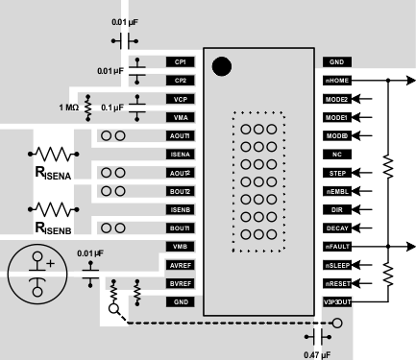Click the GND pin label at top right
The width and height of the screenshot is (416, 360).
tap(336, 61)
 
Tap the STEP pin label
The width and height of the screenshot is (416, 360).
tap(336, 173)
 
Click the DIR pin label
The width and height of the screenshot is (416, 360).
tap(336, 210)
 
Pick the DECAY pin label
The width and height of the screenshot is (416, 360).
tap(336, 228)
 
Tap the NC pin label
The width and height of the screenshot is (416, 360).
tap(336, 155)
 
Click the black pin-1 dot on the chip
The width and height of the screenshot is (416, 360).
tap(221, 67)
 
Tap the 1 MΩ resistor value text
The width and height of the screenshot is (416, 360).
tap(68, 107)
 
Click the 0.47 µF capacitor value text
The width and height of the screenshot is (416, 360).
tap(316, 354)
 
